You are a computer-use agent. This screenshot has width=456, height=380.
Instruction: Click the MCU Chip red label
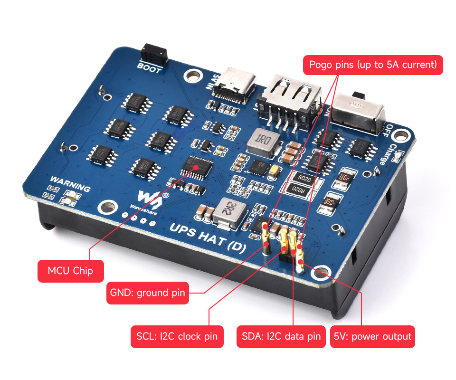pos(70,271)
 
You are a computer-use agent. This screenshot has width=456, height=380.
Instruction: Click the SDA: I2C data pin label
pos(280,336)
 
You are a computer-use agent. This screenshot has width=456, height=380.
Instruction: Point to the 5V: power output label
pos(372,336)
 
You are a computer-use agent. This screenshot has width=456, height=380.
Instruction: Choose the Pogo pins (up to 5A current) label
pos(373,65)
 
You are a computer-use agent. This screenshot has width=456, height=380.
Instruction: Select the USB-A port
pos(290,100)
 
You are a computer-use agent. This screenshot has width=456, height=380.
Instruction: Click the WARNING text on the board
pos(70,184)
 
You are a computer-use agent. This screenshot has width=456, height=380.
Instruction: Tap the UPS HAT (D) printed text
pos(207,238)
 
